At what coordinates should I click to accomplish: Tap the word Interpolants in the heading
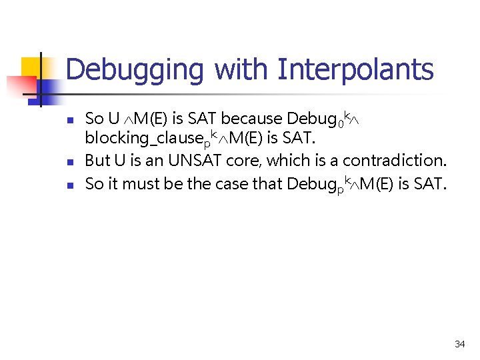point(355,69)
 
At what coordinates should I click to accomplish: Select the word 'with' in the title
point(242,69)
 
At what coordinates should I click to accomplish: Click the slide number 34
point(459,344)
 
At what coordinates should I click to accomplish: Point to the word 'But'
point(97,161)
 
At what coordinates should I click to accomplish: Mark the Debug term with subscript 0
point(313,119)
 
